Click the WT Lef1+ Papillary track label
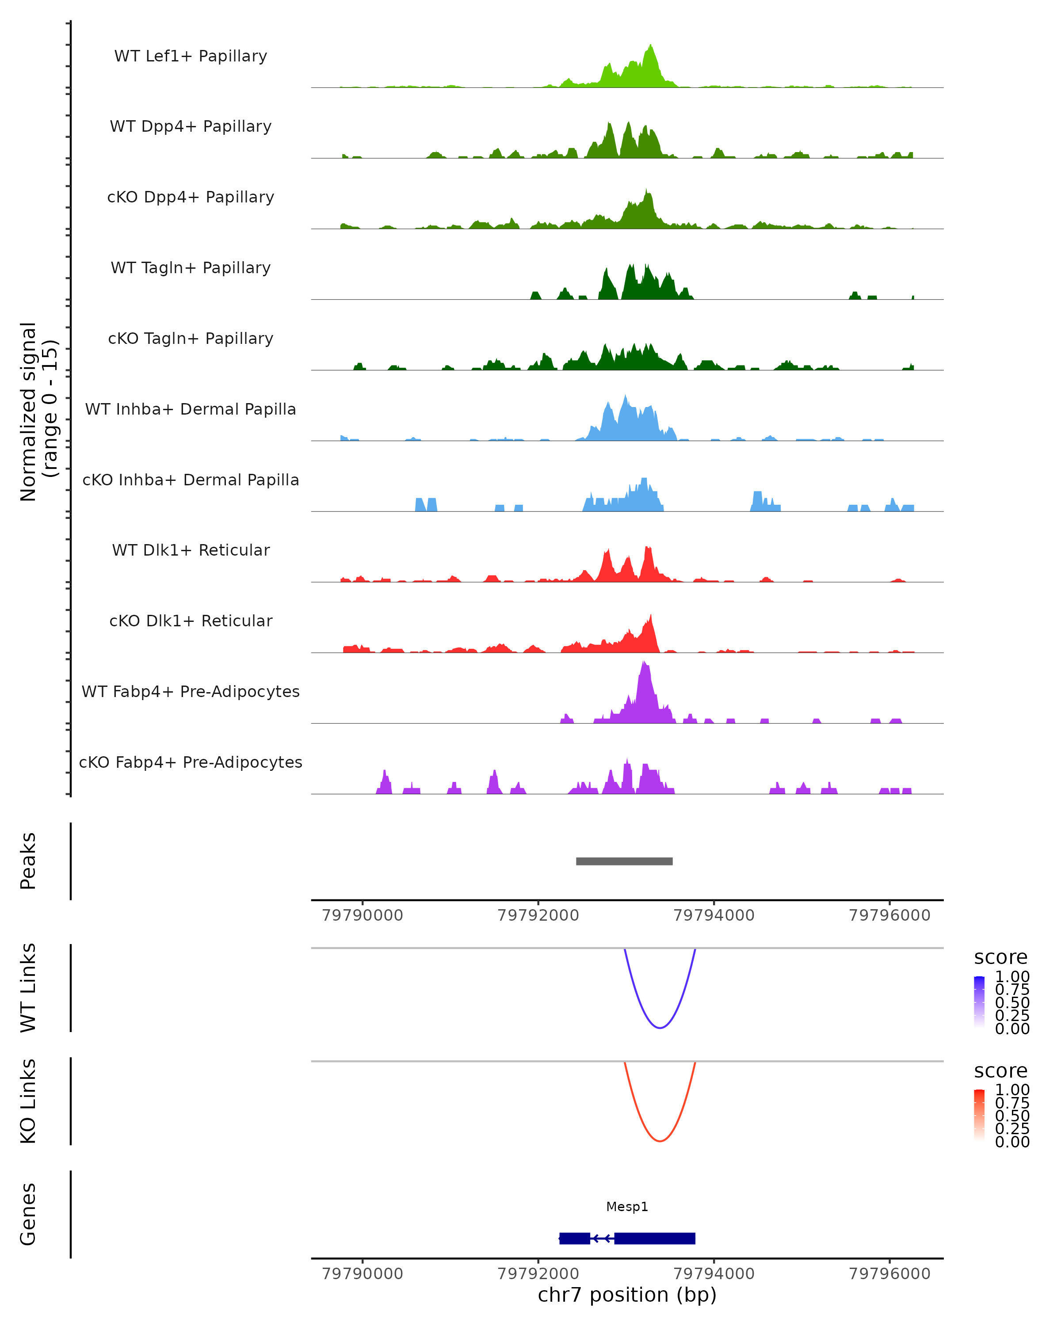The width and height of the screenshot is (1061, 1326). pos(191,56)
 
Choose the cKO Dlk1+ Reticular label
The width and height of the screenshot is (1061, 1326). pos(191,621)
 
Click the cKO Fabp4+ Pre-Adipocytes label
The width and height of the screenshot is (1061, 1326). pos(191,762)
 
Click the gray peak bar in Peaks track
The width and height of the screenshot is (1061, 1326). pos(624,861)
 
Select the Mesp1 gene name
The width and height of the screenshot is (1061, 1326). pos(627,1207)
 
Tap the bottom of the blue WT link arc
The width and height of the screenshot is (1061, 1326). pos(659,1028)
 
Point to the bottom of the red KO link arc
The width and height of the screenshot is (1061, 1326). pos(659,1141)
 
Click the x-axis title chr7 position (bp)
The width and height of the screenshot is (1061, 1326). pos(627,1295)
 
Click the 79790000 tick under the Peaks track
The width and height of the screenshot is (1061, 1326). pos(362,915)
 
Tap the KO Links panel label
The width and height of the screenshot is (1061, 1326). pos(28,1101)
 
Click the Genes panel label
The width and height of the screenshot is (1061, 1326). pos(28,1214)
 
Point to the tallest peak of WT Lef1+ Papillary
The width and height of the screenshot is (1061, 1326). pos(651,46)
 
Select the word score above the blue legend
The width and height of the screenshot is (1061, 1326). pos(1000,958)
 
